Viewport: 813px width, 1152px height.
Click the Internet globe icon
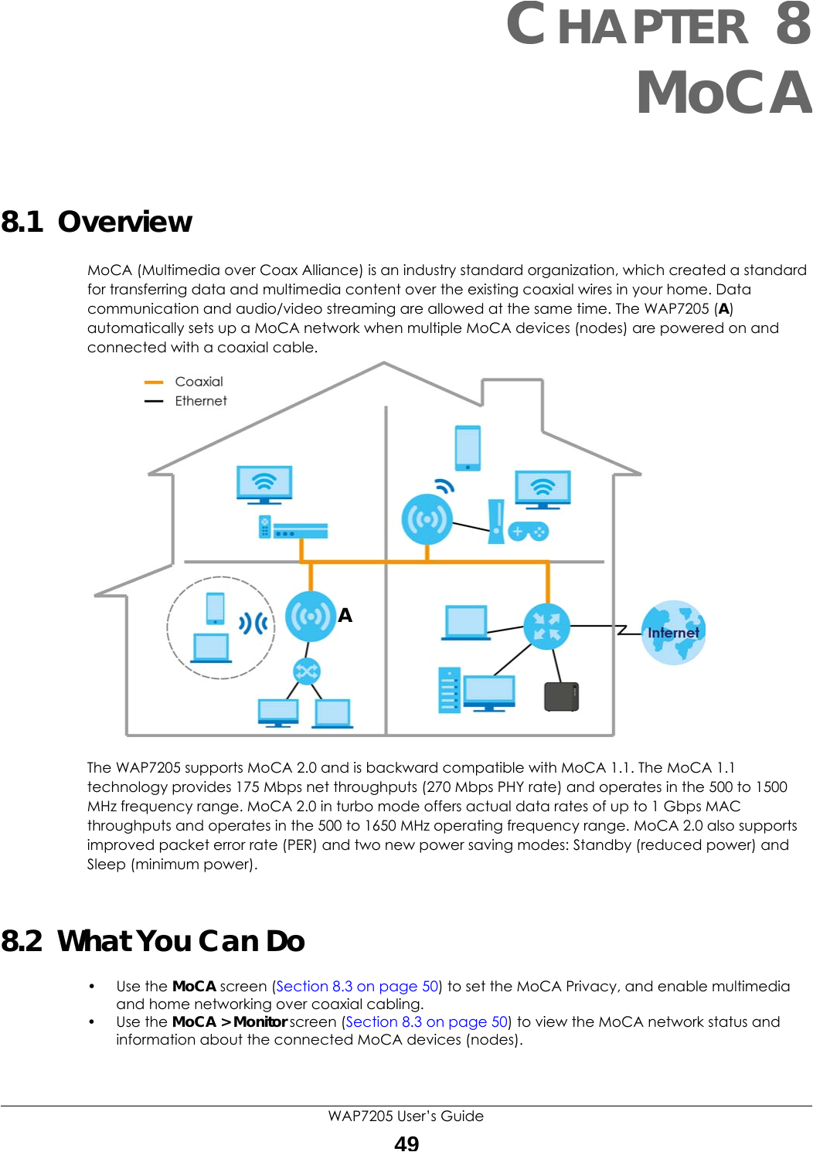pyautogui.click(x=673, y=633)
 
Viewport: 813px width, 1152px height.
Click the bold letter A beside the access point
pyautogui.click(x=345, y=615)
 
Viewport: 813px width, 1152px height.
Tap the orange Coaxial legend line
pyautogui.click(x=154, y=382)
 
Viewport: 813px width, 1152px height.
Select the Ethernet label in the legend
pyautogui.click(x=201, y=401)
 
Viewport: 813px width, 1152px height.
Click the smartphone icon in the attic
pyautogui.click(x=468, y=447)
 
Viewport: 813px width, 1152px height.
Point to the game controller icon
pyautogui.click(x=528, y=532)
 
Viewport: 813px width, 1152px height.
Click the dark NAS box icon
pyautogui.click(x=562, y=696)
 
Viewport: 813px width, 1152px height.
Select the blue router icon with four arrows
pyautogui.click(x=547, y=626)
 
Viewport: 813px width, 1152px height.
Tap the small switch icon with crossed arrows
pyautogui.click(x=307, y=671)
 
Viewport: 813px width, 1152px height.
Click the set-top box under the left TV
pyautogui.click(x=301, y=531)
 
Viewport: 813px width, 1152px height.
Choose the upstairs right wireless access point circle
pyautogui.click(x=427, y=519)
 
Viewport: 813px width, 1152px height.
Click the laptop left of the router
pyautogui.click(x=466, y=623)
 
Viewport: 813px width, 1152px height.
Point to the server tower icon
pyautogui.click(x=449, y=689)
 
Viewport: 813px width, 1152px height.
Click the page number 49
pyautogui.click(x=406, y=1142)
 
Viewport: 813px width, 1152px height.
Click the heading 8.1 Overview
pyautogui.click(x=97, y=222)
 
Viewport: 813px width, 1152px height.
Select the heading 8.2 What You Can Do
pyautogui.click(x=153, y=941)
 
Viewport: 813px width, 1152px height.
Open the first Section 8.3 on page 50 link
pyautogui.click(x=357, y=986)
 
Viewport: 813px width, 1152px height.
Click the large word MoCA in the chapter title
pyautogui.click(x=723, y=93)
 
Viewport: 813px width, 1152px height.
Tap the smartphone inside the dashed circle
pyautogui.click(x=216, y=608)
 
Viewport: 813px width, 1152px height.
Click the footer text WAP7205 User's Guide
pyautogui.click(x=406, y=1116)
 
